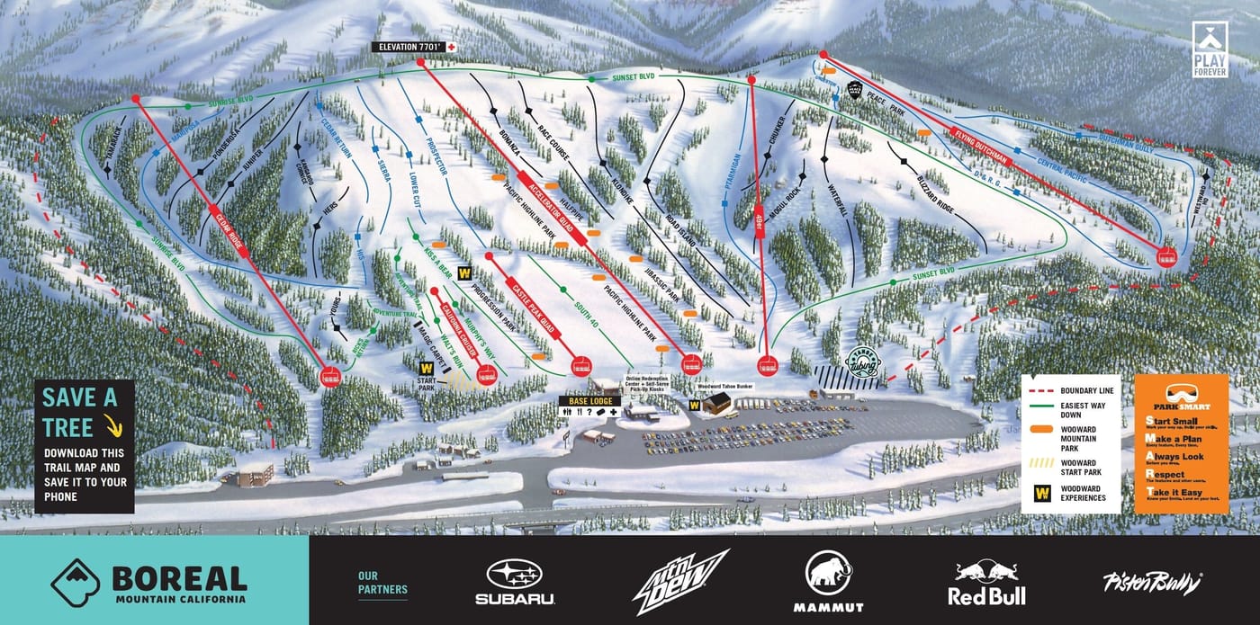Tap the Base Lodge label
pyautogui.click(x=589, y=399)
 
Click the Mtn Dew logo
pyautogui.click(x=679, y=581)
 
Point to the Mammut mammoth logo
pyautogui.click(x=828, y=581)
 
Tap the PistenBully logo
pyautogui.click(x=1152, y=583)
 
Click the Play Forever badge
pyautogui.click(x=1210, y=51)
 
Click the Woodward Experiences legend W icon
pyautogui.click(x=1043, y=493)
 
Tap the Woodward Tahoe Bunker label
pyautogui.click(x=719, y=386)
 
